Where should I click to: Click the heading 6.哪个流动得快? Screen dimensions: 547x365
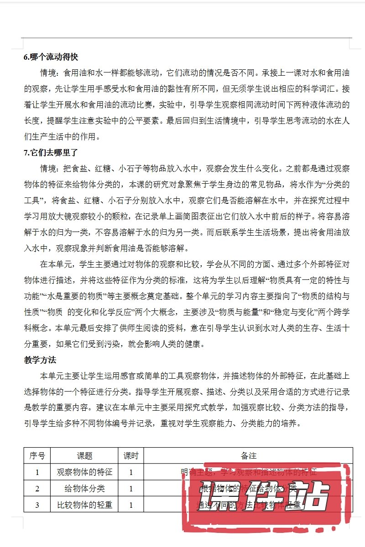(51, 57)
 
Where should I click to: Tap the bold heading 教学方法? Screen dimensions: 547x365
(40, 360)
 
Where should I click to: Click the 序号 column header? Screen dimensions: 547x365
(37, 455)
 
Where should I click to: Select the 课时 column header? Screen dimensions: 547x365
(131, 455)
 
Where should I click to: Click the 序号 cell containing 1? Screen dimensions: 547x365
(37, 472)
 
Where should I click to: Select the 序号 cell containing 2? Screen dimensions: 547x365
(37, 488)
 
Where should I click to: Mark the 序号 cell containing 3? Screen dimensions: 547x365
(37, 505)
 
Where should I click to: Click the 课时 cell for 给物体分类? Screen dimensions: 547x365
(131, 488)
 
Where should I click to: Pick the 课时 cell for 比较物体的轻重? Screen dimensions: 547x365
(131, 505)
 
